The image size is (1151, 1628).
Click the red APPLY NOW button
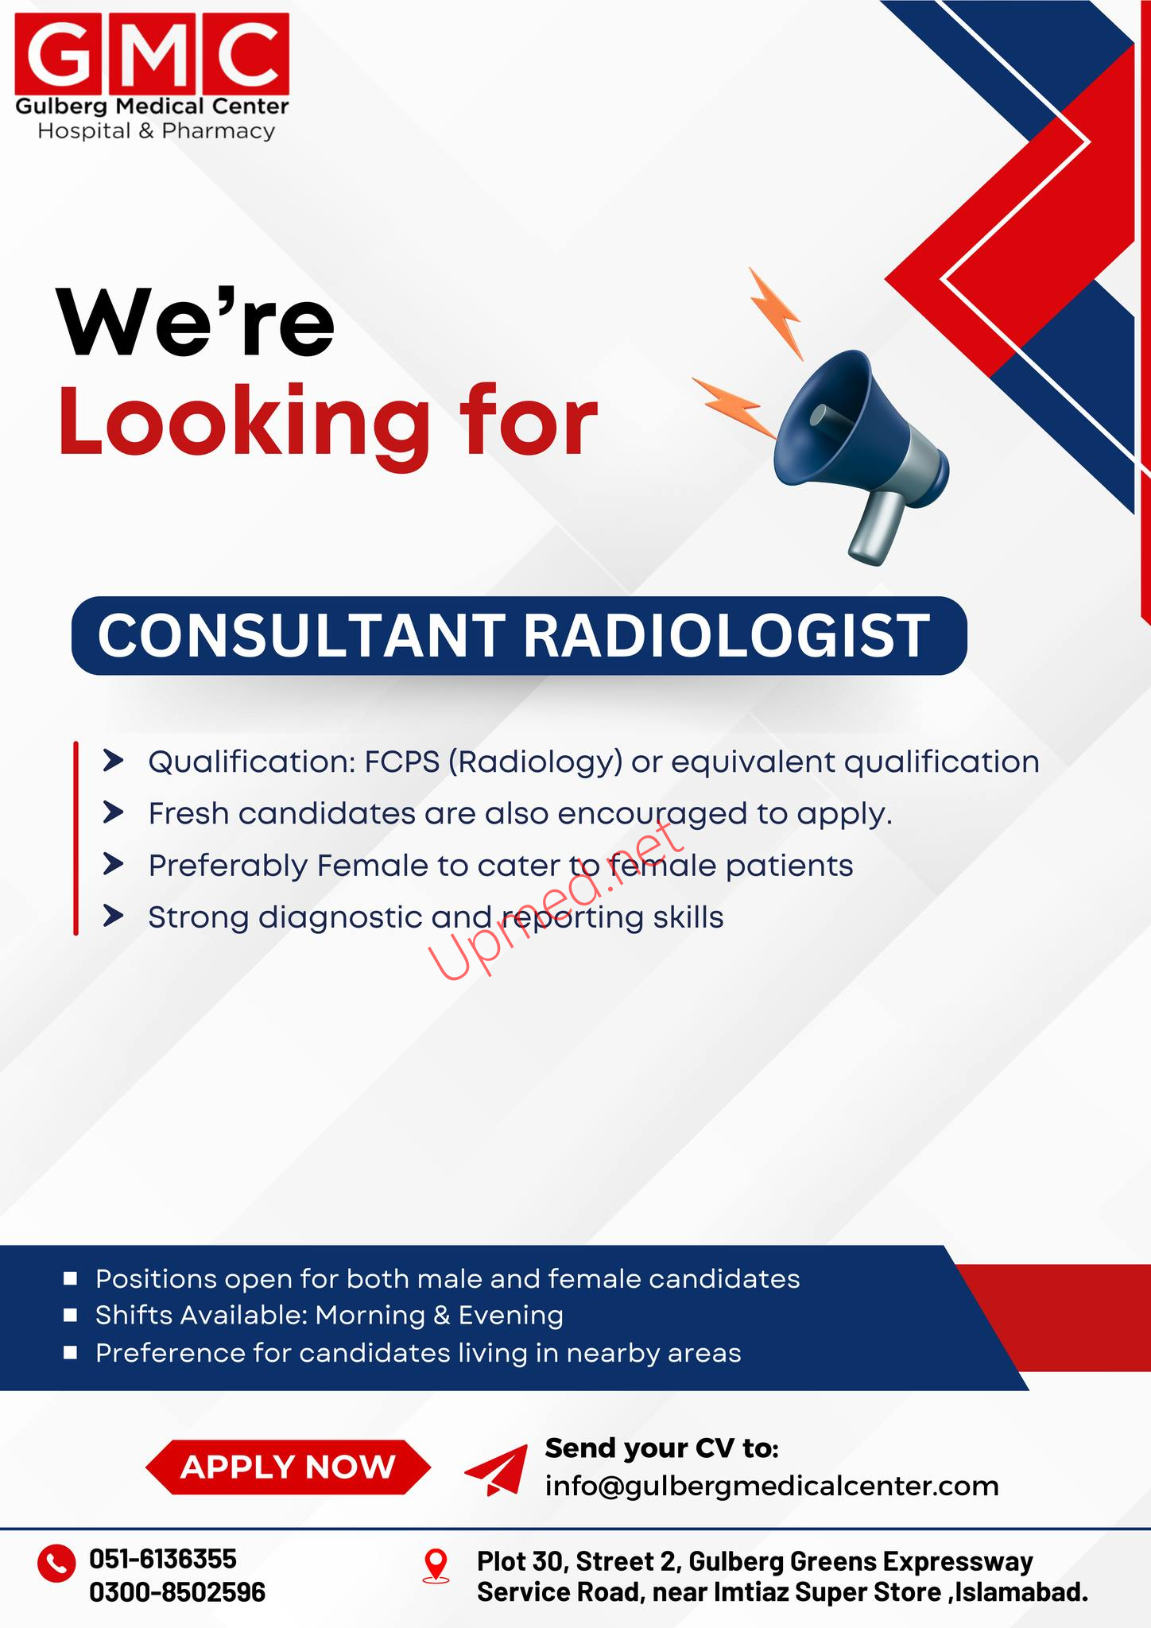[288, 1467]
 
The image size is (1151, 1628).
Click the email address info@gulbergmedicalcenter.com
[772, 1486]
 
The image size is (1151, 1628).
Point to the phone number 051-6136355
[163, 1558]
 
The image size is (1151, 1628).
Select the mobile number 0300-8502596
[177, 1592]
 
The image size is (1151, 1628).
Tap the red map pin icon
[436, 1565]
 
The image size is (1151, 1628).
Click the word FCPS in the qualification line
[402, 762]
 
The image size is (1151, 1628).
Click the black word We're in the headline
[196, 322]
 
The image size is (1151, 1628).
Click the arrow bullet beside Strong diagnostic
[114, 917]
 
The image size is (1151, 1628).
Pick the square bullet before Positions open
[70, 1278]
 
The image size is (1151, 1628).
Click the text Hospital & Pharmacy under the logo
[157, 131]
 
